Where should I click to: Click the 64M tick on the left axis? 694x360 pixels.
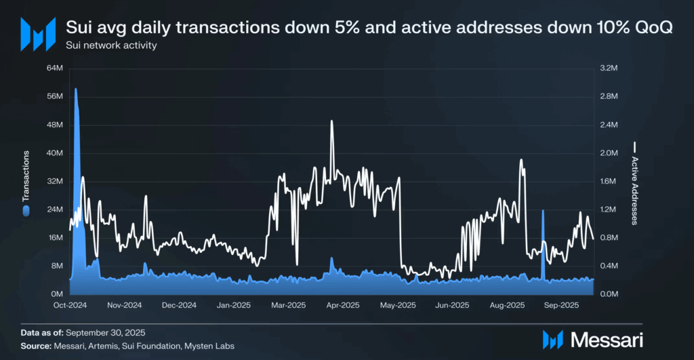(x=54, y=68)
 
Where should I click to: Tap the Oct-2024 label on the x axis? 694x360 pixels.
(x=69, y=305)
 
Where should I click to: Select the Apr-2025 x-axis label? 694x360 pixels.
(x=342, y=305)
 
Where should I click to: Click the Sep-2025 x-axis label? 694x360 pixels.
(x=561, y=305)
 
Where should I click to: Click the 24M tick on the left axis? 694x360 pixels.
(x=54, y=209)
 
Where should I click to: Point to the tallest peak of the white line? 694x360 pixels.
(x=331, y=121)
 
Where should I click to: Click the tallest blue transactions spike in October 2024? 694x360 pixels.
(x=75, y=89)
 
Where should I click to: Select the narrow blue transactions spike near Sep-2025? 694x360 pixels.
(x=542, y=212)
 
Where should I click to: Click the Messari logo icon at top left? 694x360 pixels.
(x=37, y=34)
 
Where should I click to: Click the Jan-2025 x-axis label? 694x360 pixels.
(x=233, y=305)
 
